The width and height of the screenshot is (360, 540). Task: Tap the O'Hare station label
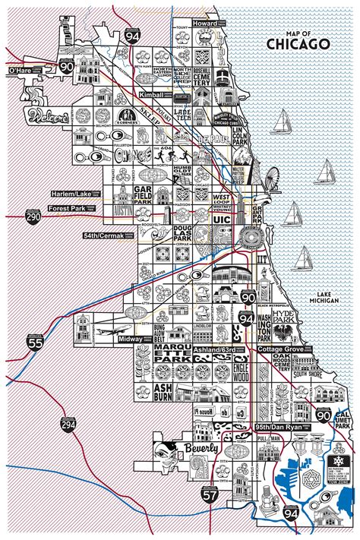pyautogui.click(x=24, y=71)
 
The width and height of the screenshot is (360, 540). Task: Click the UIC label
pyautogui.click(x=223, y=218)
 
